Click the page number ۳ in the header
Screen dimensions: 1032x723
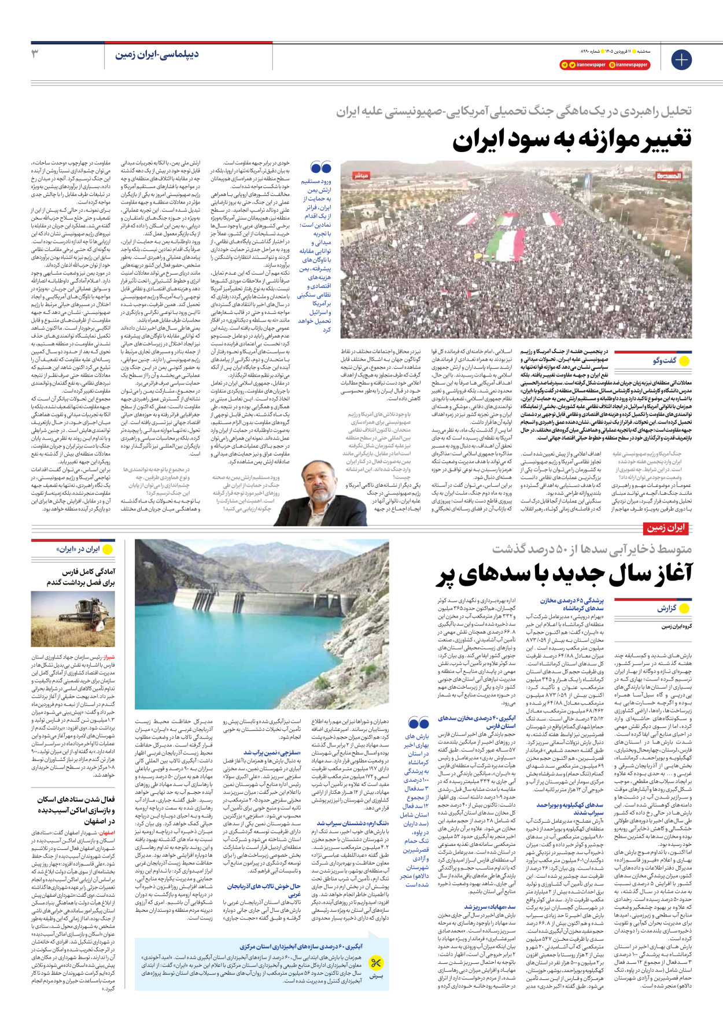click(35, 54)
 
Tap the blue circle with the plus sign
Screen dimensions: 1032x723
click(681, 60)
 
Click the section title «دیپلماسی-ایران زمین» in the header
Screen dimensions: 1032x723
click(157, 54)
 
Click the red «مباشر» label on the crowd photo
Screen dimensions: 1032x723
click(361, 175)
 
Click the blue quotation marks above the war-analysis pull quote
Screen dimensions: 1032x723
click(320, 168)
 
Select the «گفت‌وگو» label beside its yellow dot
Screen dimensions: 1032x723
click(665, 361)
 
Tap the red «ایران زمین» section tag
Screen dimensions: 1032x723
click(666, 528)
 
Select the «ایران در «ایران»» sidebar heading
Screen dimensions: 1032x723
click(78, 549)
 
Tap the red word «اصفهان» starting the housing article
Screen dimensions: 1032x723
click(107, 833)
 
